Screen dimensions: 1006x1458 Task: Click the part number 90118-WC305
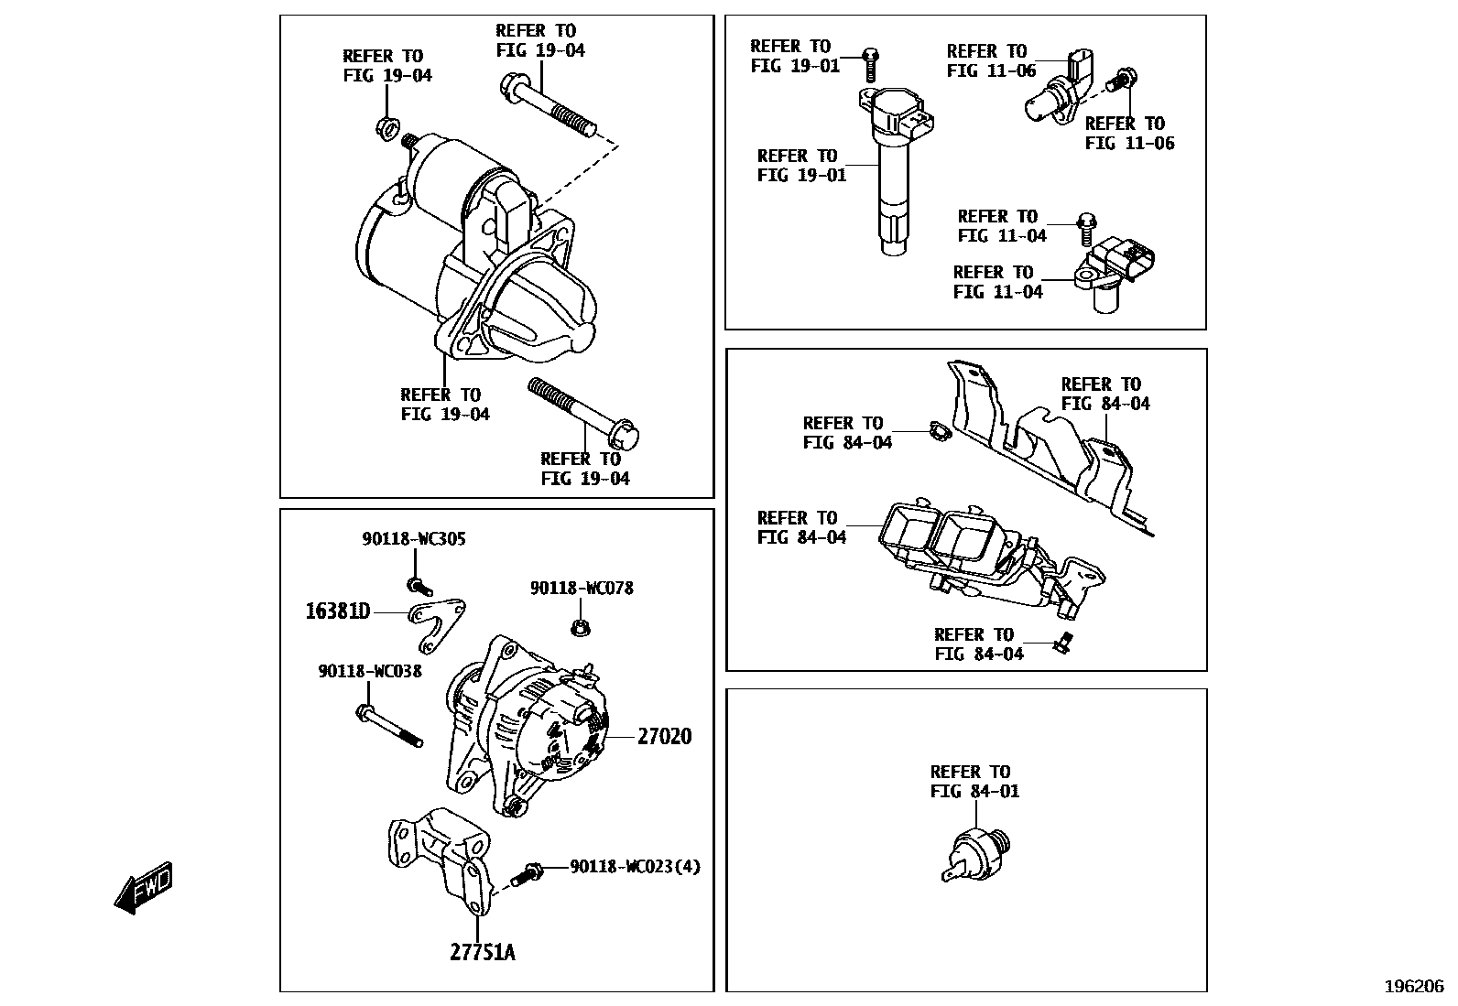pyautogui.click(x=413, y=539)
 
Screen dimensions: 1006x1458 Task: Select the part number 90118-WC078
pyautogui.click(x=582, y=588)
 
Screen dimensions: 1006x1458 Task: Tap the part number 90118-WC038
pyautogui.click(x=370, y=671)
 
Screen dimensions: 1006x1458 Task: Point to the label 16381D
pyautogui.click(x=337, y=611)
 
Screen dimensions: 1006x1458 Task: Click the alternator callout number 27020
pyautogui.click(x=664, y=736)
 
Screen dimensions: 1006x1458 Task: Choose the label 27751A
pyautogui.click(x=482, y=953)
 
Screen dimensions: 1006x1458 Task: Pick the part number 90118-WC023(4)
pyautogui.click(x=635, y=866)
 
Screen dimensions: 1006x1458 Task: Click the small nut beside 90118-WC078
pyautogui.click(x=579, y=628)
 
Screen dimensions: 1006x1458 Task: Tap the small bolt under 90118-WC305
pyautogui.click(x=419, y=586)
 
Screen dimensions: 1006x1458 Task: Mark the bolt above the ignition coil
pyautogui.click(x=870, y=64)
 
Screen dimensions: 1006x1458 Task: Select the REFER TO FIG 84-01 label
pyautogui.click(x=974, y=781)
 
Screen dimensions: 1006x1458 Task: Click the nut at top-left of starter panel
pyautogui.click(x=386, y=125)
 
